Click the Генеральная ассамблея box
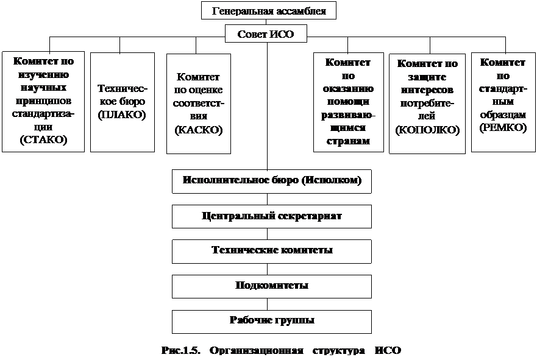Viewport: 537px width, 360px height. click(268, 11)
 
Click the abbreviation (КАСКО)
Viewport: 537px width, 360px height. click(199, 130)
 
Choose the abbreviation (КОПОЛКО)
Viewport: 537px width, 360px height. click(427, 130)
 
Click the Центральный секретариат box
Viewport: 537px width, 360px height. click(272, 216)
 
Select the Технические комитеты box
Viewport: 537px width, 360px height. click(272, 250)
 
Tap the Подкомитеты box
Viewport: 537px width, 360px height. click(272, 285)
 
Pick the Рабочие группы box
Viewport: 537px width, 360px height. click(272, 320)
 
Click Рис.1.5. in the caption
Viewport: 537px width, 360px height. click(181, 350)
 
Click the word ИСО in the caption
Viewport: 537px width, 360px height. click(386, 350)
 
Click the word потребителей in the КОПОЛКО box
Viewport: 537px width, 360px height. click(427, 108)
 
